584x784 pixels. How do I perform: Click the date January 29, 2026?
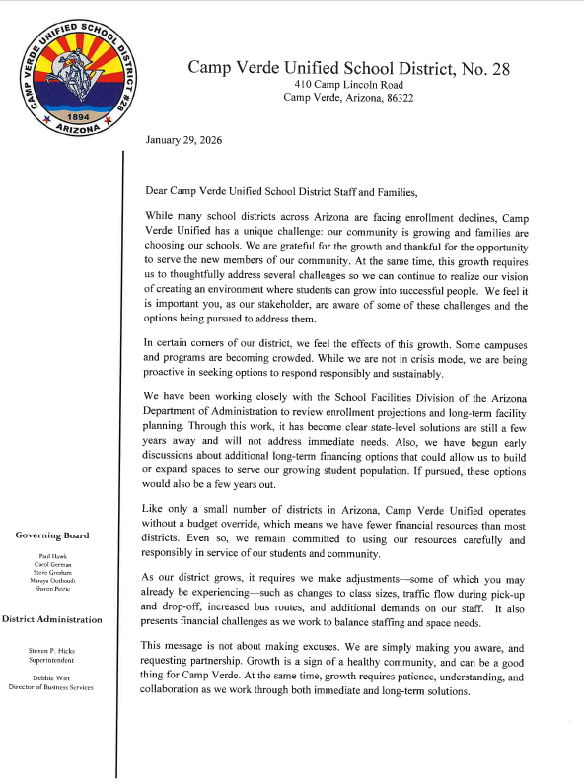(183, 140)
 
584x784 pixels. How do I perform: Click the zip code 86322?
(396, 97)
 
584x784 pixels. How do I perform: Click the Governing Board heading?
(52, 535)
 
